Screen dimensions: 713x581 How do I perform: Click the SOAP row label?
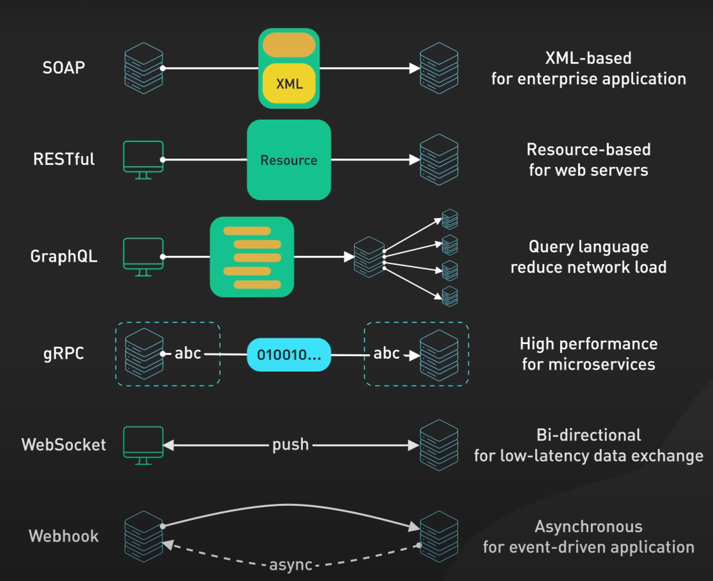64,67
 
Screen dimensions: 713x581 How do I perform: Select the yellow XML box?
289,83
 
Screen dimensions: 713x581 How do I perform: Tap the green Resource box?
289,160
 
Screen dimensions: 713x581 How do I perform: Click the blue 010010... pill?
289,355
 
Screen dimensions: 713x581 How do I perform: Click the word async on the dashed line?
290,565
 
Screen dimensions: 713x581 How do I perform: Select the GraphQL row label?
64,256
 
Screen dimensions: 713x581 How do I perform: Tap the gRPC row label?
64,353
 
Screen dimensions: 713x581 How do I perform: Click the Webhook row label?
64,536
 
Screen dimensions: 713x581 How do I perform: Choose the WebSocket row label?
64,445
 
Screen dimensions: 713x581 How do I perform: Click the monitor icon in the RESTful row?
143,160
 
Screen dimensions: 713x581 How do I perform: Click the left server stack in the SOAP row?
144,68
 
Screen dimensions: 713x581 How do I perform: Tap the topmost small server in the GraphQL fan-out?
450,219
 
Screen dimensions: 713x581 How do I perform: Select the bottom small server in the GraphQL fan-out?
450,297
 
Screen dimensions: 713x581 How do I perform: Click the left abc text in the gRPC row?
188,353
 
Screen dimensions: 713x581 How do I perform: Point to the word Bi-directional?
589,435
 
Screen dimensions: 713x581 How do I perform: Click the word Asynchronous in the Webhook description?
589,526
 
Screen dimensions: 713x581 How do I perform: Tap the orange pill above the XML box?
289,45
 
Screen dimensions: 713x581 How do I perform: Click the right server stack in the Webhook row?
439,536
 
